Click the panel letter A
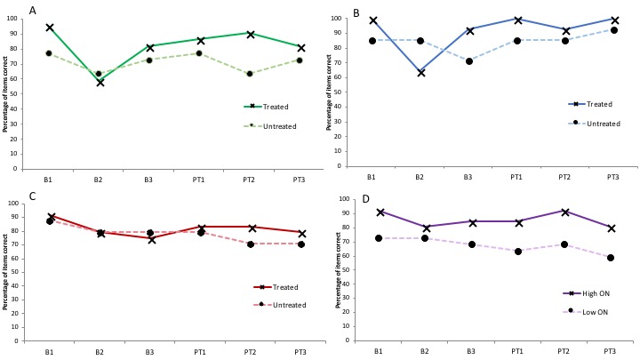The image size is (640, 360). coord(33,10)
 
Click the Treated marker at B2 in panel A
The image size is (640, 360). coord(100,82)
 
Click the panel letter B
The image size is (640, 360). coord(356,13)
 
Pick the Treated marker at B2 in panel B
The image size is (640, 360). coord(421,72)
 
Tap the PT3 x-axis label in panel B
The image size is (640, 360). coord(612,176)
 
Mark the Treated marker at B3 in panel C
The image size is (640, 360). coord(150,239)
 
